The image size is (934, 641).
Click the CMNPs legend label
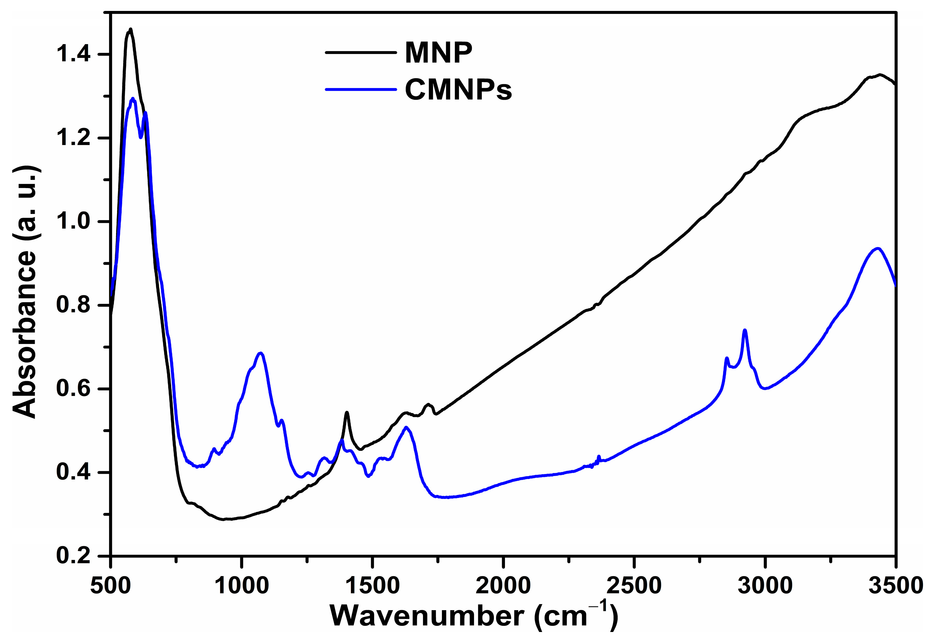pyautogui.click(x=458, y=90)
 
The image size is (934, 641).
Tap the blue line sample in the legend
pyautogui.click(x=360, y=89)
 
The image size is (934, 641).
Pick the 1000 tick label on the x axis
pyautogui.click(x=242, y=586)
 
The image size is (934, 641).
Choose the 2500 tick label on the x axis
pyautogui.click(x=634, y=586)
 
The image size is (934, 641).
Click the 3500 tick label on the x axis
pyautogui.click(x=895, y=586)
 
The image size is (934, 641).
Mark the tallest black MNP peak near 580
pyautogui.click(x=130, y=29)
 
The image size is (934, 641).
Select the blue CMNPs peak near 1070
pyautogui.click(x=261, y=353)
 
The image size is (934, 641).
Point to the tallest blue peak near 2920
pyautogui.click(x=745, y=330)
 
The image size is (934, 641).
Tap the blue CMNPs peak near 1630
pyautogui.click(x=406, y=427)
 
